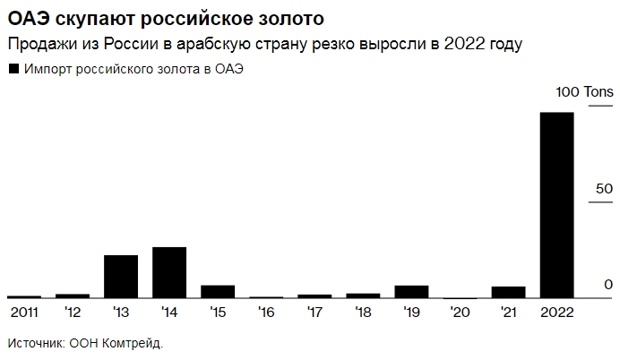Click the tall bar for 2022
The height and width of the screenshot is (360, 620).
(x=555, y=205)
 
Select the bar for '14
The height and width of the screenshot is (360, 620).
(x=169, y=272)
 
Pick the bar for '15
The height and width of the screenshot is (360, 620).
(x=218, y=291)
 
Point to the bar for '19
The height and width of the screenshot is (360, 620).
(x=410, y=291)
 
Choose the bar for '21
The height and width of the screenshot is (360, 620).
(x=508, y=292)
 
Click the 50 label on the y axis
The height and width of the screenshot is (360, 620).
(x=603, y=189)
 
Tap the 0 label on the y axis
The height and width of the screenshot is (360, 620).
(x=607, y=285)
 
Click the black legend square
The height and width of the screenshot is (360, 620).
(x=13, y=69)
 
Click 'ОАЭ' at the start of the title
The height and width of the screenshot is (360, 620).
(x=28, y=18)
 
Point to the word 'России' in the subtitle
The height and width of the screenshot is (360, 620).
(x=130, y=44)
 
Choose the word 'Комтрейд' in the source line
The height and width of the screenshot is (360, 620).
(x=132, y=342)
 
